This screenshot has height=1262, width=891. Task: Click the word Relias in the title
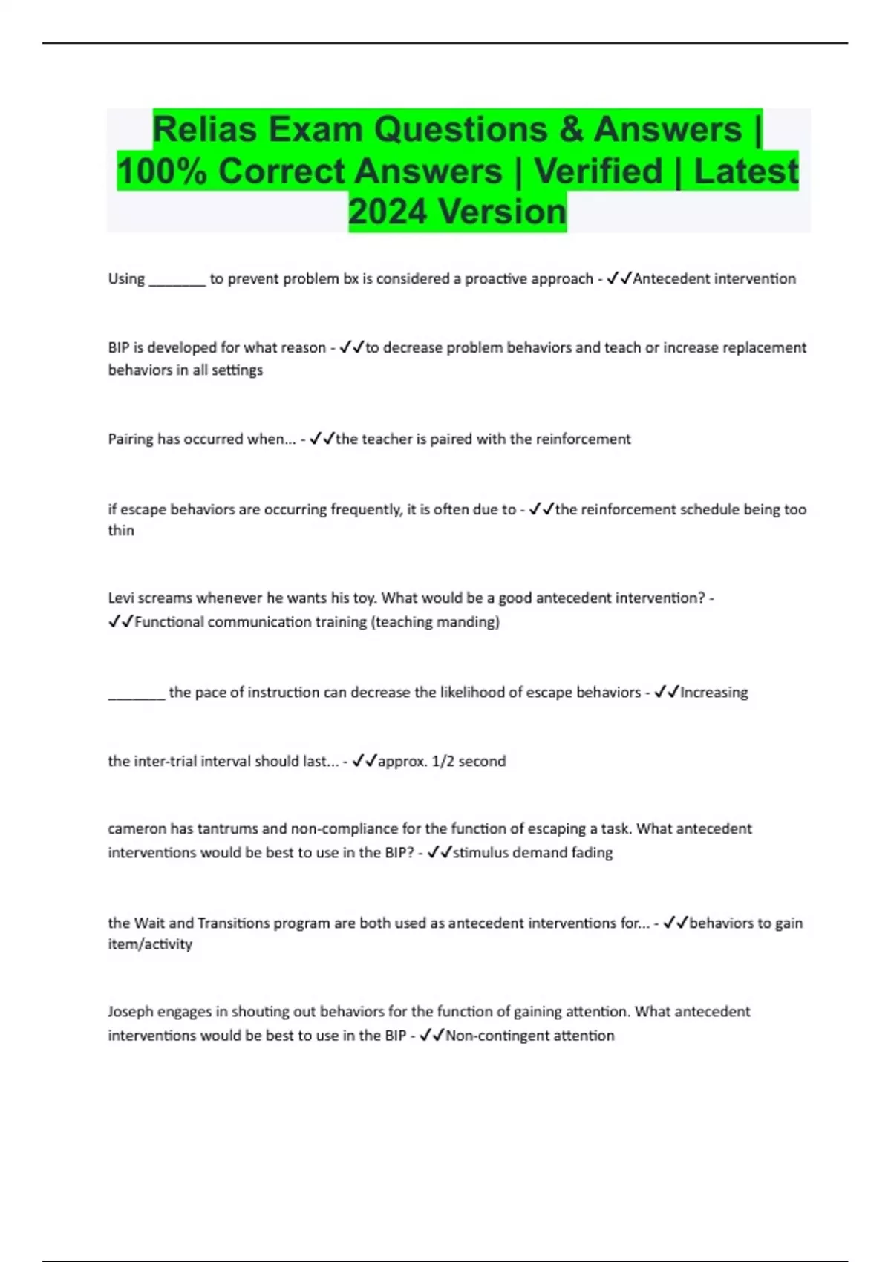204,130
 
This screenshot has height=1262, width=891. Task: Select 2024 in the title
388,212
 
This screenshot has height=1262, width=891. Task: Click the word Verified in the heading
598,171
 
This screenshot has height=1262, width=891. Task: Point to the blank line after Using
177,280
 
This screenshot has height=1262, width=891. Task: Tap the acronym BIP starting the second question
119,347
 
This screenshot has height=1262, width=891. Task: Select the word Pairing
131,439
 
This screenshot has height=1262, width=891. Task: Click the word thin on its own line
121,531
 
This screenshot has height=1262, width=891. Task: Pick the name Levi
120,598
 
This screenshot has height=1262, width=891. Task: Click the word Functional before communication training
169,622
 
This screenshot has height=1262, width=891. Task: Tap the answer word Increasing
714,693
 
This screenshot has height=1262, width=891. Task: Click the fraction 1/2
443,762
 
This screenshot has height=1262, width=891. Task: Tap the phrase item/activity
150,944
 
